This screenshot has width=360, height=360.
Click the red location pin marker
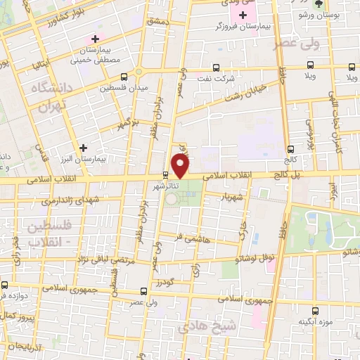(181, 165)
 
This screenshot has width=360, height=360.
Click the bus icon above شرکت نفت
(217, 69)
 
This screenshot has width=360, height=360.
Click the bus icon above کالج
(290, 148)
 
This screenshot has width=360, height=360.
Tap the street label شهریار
(233, 198)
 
